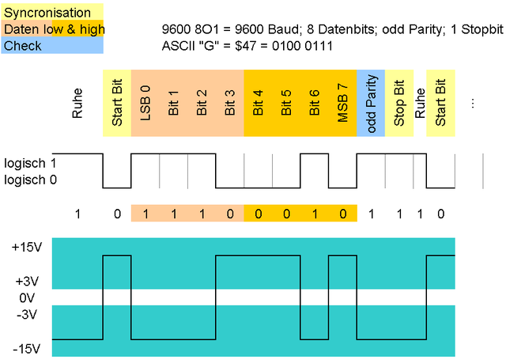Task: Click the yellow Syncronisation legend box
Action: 52,13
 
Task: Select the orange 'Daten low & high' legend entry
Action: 52,29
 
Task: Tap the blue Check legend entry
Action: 52,46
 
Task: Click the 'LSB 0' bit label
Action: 145,103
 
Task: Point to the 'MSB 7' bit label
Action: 342,103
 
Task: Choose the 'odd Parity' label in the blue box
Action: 371,103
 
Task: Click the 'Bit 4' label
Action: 258,103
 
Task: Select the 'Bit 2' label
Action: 202,103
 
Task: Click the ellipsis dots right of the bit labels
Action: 473,103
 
